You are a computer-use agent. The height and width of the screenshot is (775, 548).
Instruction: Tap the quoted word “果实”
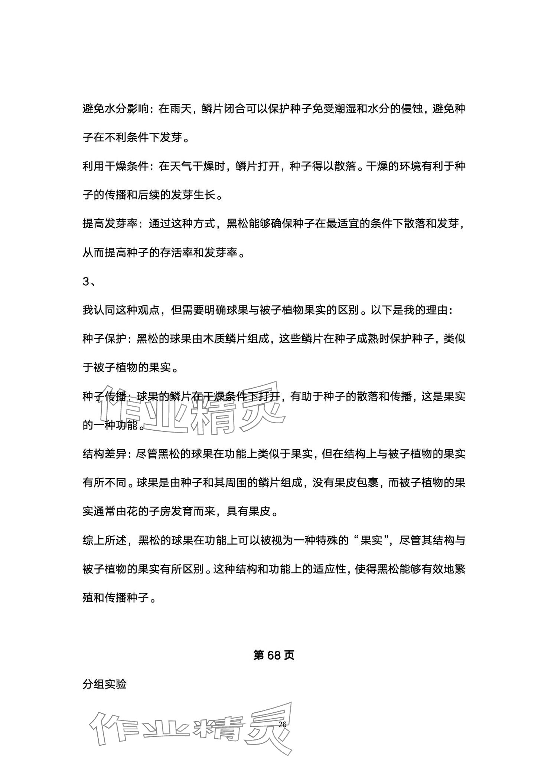pos(372,541)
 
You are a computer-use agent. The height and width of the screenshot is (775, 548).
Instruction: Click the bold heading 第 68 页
pos(274,656)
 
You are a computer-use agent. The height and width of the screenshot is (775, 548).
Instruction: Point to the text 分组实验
pos(104,684)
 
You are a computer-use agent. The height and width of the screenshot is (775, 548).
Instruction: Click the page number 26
pos(282,725)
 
